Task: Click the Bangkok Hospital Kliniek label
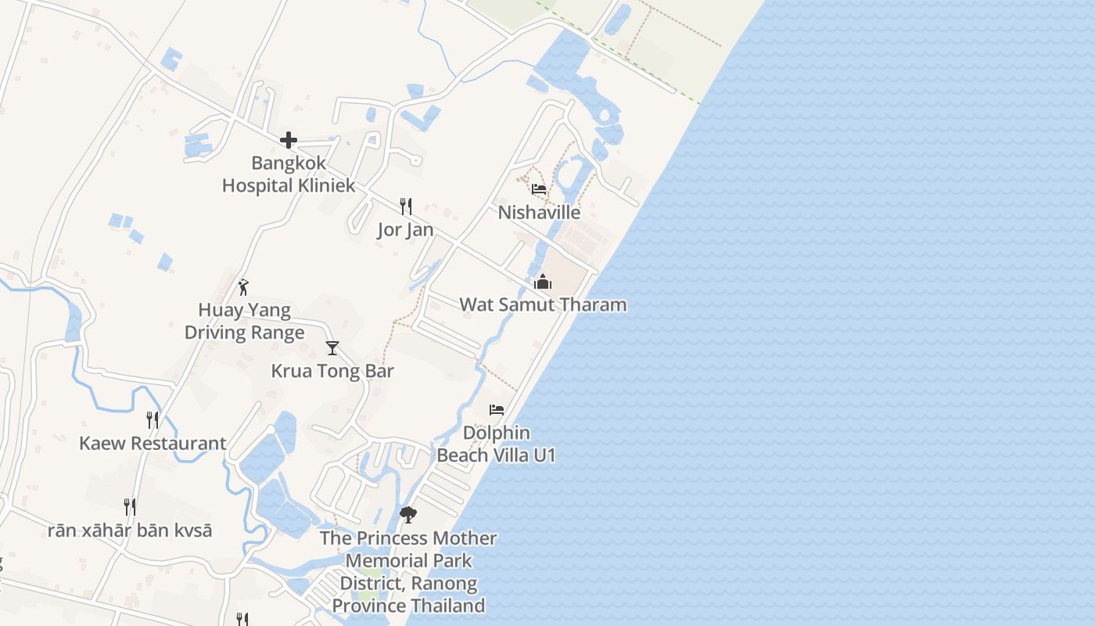click(x=289, y=174)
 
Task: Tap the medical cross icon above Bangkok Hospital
click(x=289, y=141)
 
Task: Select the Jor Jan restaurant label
click(x=405, y=230)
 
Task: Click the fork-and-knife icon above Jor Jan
click(x=406, y=207)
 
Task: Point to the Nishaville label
click(x=539, y=212)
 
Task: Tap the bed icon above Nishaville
click(x=539, y=189)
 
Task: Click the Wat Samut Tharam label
click(x=543, y=304)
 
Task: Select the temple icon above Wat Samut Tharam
click(x=543, y=282)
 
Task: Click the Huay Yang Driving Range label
click(x=245, y=322)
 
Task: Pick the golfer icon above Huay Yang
click(x=244, y=287)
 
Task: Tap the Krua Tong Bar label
click(x=332, y=371)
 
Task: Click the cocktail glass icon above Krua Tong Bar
click(x=332, y=348)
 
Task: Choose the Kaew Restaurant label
click(x=153, y=443)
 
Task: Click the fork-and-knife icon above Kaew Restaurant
click(x=153, y=420)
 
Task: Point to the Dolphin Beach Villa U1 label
click(x=496, y=444)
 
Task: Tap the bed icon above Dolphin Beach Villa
click(x=497, y=409)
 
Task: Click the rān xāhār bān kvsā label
click(x=130, y=530)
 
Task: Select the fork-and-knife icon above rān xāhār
click(x=130, y=507)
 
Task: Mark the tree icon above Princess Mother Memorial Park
click(x=408, y=514)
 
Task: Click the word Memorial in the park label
click(x=408, y=560)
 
